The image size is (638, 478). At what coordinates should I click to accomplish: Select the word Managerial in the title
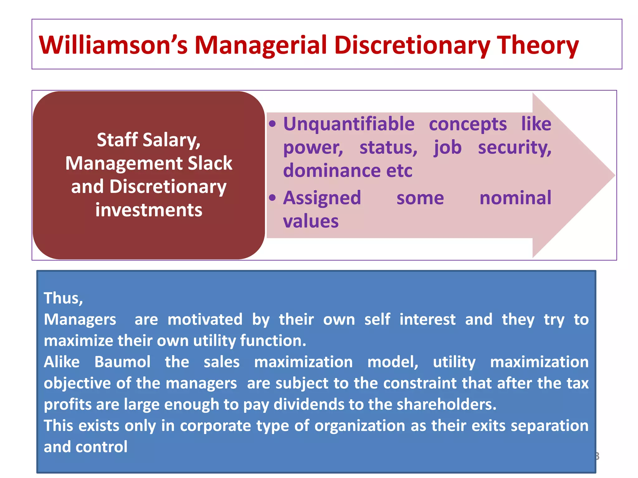pos(260,46)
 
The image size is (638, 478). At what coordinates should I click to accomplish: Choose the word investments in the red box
pos(149,210)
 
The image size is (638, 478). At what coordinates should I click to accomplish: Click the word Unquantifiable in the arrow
pos(349,124)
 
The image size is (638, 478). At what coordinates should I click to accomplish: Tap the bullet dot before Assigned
pos(272,198)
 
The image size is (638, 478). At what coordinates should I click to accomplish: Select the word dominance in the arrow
pos(332,170)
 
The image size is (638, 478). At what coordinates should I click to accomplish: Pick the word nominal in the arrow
pos(515,198)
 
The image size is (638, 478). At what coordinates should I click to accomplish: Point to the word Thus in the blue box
pos(63,298)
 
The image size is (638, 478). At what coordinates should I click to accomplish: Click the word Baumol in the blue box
pos(122,362)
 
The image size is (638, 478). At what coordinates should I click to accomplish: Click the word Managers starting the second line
pos(80,320)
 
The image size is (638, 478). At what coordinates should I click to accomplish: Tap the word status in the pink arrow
pos(388,147)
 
